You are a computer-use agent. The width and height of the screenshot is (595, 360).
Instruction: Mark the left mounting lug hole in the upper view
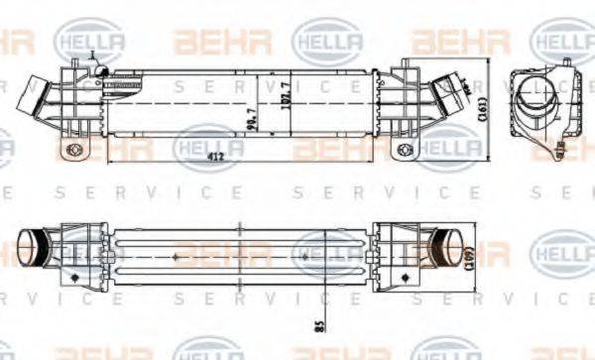click(71, 151)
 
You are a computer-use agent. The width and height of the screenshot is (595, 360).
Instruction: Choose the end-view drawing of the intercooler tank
click(540, 109)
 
